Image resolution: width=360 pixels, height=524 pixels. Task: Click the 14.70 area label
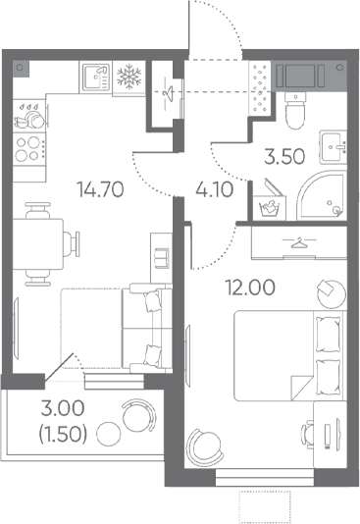point(100,189)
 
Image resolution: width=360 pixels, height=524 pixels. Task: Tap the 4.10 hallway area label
point(214,189)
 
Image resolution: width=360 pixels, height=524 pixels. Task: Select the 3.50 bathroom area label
point(284,156)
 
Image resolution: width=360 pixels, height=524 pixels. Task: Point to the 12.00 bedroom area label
point(250,288)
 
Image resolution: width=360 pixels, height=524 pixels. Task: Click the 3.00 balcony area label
point(63,408)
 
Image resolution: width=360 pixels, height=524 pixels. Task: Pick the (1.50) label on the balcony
point(63,434)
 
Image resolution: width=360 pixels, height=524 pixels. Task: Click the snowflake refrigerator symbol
point(129,77)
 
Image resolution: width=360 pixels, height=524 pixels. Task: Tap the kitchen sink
point(96,78)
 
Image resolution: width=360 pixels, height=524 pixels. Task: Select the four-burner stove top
point(29,149)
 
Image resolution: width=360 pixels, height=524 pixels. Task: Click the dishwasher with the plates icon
point(29,116)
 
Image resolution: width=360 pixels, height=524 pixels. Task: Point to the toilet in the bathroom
point(295,110)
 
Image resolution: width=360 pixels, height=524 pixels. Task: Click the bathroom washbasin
point(333,147)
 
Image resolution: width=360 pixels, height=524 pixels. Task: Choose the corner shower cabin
point(322,196)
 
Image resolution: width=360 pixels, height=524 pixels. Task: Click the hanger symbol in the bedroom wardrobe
point(299,243)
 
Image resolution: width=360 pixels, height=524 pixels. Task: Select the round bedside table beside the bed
point(332,294)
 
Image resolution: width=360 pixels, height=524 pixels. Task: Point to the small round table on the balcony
point(109,434)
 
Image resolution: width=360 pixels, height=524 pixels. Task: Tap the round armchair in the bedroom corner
point(205,447)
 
